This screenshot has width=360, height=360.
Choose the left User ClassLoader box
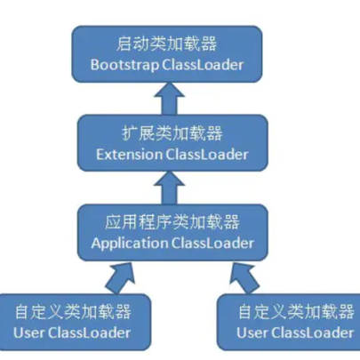[x=74, y=322]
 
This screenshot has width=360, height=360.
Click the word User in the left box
[x=28, y=333]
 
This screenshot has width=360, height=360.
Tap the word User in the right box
[x=251, y=333]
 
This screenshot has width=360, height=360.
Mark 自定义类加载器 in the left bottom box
[x=74, y=312]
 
